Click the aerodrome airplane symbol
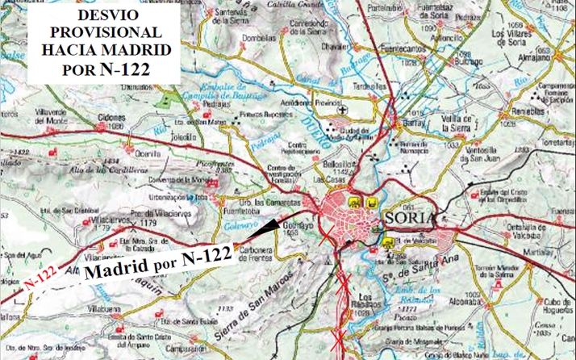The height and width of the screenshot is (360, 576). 343,110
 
